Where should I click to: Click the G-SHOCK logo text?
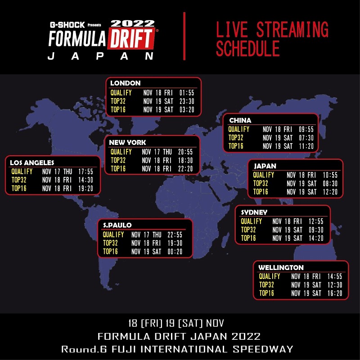[67, 25]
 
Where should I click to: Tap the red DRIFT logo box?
[131, 38]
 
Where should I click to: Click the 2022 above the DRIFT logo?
[133, 23]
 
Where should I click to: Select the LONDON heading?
[126, 83]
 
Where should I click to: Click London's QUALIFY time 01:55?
[187, 93]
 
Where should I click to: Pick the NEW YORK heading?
[127, 142]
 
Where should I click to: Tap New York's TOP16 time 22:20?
[185, 169]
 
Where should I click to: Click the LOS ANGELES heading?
[32, 162]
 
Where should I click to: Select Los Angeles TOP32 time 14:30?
[85, 180]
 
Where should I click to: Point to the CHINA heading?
[240, 120]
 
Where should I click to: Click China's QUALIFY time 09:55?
[306, 129]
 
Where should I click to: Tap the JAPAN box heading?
[265, 166]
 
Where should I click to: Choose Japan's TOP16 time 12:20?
[330, 192]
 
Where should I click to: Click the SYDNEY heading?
[254, 212]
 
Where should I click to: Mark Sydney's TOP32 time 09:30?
[316, 229]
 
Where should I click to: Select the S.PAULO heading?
[117, 225]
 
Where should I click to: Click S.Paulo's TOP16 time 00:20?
[175, 252]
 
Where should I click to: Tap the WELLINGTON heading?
[281, 267]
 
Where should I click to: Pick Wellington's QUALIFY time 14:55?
[335, 276]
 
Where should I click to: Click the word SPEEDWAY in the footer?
[263, 349]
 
